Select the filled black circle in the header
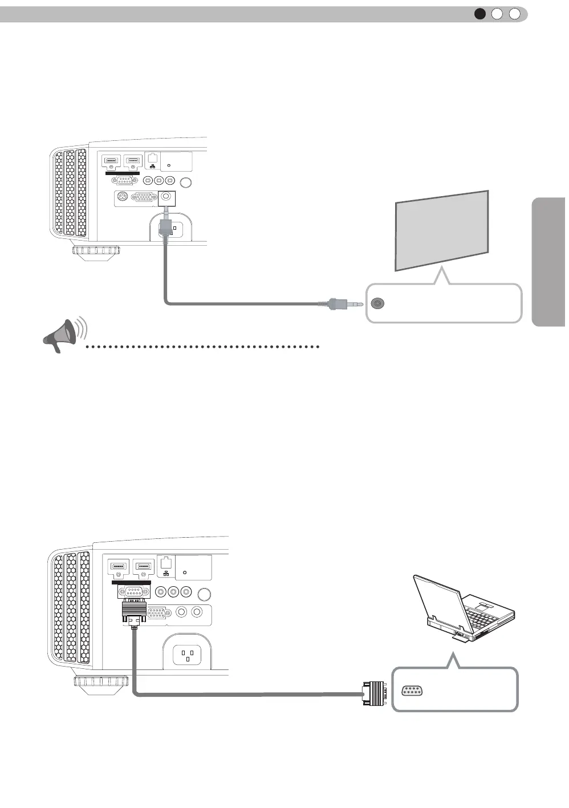(x=480, y=14)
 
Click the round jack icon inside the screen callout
(x=377, y=304)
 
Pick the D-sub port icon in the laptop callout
(x=411, y=691)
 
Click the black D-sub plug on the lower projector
(x=134, y=612)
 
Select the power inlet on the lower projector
(x=187, y=654)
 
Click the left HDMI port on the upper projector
(x=111, y=161)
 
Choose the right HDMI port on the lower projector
(x=143, y=567)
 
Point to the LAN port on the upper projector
(x=152, y=159)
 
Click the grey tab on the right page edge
(x=549, y=262)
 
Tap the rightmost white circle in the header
(x=514, y=14)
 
